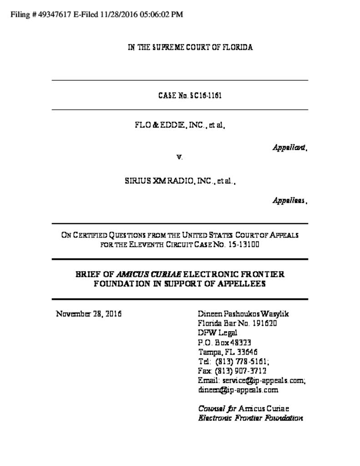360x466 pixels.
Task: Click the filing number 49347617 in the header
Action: pyautogui.click(x=52, y=15)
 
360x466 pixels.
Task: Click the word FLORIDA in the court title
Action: pyautogui.click(x=237, y=47)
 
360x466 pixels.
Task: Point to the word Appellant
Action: pyautogui.click(x=289, y=147)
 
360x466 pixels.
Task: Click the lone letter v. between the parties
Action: pyautogui.click(x=179, y=157)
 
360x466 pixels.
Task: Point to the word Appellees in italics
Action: pyautogui.click(x=289, y=200)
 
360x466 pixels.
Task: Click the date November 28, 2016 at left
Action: pyautogui.click(x=89, y=314)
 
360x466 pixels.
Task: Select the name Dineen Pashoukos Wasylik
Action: pyautogui.click(x=243, y=314)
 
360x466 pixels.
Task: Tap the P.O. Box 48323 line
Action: pyautogui.click(x=225, y=343)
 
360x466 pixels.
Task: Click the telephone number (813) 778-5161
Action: pyautogui.click(x=242, y=361)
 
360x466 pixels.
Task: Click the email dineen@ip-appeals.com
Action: pyautogui.click(x=238, y=390)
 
